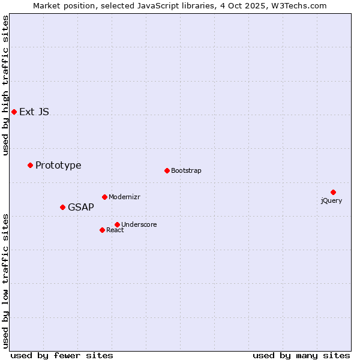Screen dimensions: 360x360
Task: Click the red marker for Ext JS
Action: coord(14,112)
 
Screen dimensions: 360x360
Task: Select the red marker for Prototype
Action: coord(30,165)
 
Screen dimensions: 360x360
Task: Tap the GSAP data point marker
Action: coord(62,207)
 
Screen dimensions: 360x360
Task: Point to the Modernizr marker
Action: coord(104,197)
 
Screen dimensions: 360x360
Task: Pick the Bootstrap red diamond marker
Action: coord(167,170)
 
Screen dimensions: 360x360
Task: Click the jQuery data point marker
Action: coord(333,192)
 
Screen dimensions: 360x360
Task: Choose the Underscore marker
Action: coord(117,224)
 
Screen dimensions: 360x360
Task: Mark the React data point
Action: coord(102,230)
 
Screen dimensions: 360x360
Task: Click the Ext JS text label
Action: coord(34,112)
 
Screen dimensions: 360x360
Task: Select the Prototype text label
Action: coord(58,165)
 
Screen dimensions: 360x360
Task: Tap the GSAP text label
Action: coord(81,207)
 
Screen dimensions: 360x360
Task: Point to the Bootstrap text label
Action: coord(186,170)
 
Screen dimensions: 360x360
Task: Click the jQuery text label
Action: coord(331,200)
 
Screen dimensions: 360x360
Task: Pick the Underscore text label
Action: coord(139,224)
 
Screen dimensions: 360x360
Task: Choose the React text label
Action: coord(115,230)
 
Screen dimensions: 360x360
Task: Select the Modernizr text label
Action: coord(124,197)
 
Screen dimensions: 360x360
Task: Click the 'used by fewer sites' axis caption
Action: coord(62,355)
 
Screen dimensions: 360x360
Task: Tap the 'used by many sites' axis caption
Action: coord(301,355)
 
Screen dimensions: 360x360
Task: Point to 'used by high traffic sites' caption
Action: coord(5,85)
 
